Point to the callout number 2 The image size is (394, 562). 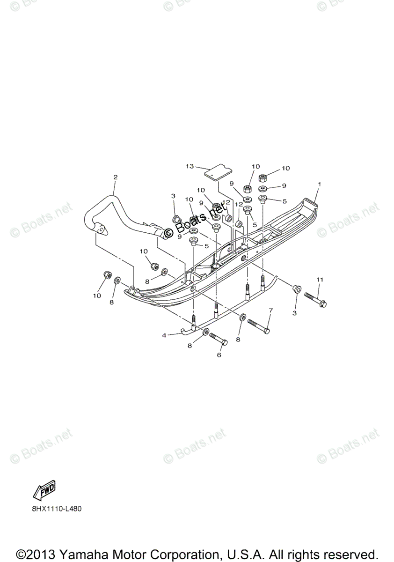pyautogui.click(x=115, y=177)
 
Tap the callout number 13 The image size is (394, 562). pyautogui.click(x=190, y=166)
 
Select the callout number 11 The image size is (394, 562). pyautogui.click(x=320, y=280)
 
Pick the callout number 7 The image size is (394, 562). pyautogui.click(x=270, y=311)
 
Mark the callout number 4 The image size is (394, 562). pyautogui.click(x=164, y=335)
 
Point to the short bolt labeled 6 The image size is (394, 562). pyautogui.click(x=218, y=339)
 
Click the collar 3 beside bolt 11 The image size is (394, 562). pyautogui.click(x=296, y=288)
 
